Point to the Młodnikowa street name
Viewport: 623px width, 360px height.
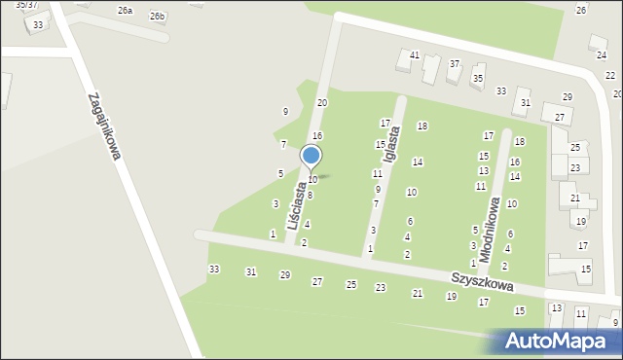coord(489,223)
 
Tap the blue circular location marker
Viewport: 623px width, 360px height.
coord(311,156)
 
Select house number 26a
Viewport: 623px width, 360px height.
coord(125,10)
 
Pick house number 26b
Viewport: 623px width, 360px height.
coord(157,17)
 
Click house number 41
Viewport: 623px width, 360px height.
coord(415,55)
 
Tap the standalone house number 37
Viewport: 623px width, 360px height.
coord(455,63)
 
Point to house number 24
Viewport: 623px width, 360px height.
coord(602,55)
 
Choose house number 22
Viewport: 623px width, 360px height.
coord(610,75)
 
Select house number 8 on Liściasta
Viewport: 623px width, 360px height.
coord(310,196)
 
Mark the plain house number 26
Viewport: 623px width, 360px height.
coord(581,10)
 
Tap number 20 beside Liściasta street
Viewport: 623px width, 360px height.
coord(322,102)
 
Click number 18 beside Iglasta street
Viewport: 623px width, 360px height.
coord(422,126)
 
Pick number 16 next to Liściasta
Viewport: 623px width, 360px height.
coord(317,135)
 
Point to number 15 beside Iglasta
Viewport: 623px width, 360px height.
coord(381,145)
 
